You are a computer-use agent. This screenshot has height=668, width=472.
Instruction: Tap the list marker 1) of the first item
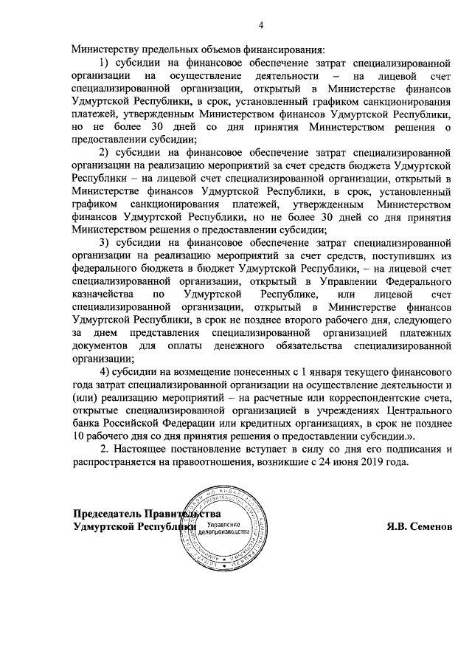click(x=107, y=63)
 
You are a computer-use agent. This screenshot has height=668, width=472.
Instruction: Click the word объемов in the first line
click(x=218, y=49)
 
